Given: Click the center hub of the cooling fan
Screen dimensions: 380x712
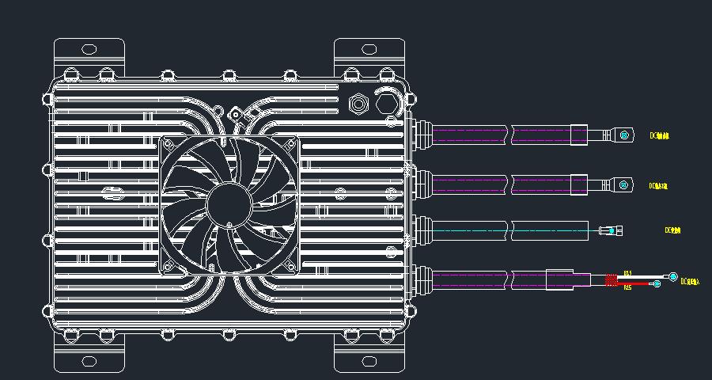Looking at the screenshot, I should (229, 205).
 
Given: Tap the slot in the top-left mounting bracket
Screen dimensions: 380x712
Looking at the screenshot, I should (89, 50).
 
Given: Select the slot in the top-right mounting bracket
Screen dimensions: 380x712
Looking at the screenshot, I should (369, 50).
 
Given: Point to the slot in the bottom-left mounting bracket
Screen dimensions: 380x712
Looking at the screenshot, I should (89, 361).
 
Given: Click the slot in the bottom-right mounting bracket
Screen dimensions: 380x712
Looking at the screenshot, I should (369, 361).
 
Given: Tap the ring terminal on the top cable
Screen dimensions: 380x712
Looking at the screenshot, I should (624, 135).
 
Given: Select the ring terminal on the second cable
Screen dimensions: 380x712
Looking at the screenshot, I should (624, 185).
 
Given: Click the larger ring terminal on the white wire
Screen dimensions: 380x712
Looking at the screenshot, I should (672, 277).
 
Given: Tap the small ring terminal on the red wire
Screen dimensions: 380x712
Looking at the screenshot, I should (657, 284).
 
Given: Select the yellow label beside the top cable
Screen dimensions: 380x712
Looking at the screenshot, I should (659, 136).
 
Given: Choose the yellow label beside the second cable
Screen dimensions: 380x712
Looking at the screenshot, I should (659, 186).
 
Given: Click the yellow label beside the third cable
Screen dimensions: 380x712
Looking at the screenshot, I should (673, 230).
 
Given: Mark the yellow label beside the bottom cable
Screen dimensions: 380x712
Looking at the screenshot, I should (690, 281).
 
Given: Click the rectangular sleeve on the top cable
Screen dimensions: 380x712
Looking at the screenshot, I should (579, 135).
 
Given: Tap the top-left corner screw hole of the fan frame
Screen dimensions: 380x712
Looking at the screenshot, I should (169, 144).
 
